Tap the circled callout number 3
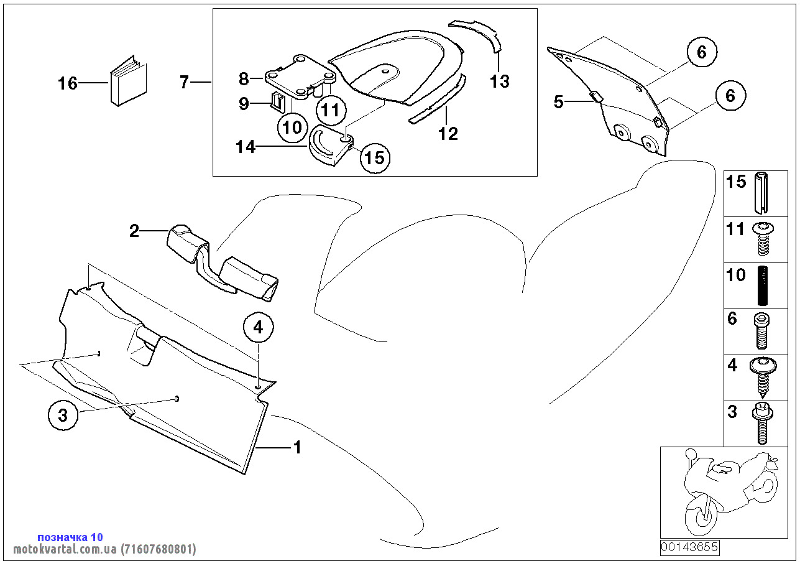[63, 415]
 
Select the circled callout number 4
[259, 327]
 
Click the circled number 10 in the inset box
[292, 128]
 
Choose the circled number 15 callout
[374, 157]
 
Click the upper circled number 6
[701, 53]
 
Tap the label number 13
[499, 81]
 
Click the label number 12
[448, 133]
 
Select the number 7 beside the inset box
[184, 81]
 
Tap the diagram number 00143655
[689, 548]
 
